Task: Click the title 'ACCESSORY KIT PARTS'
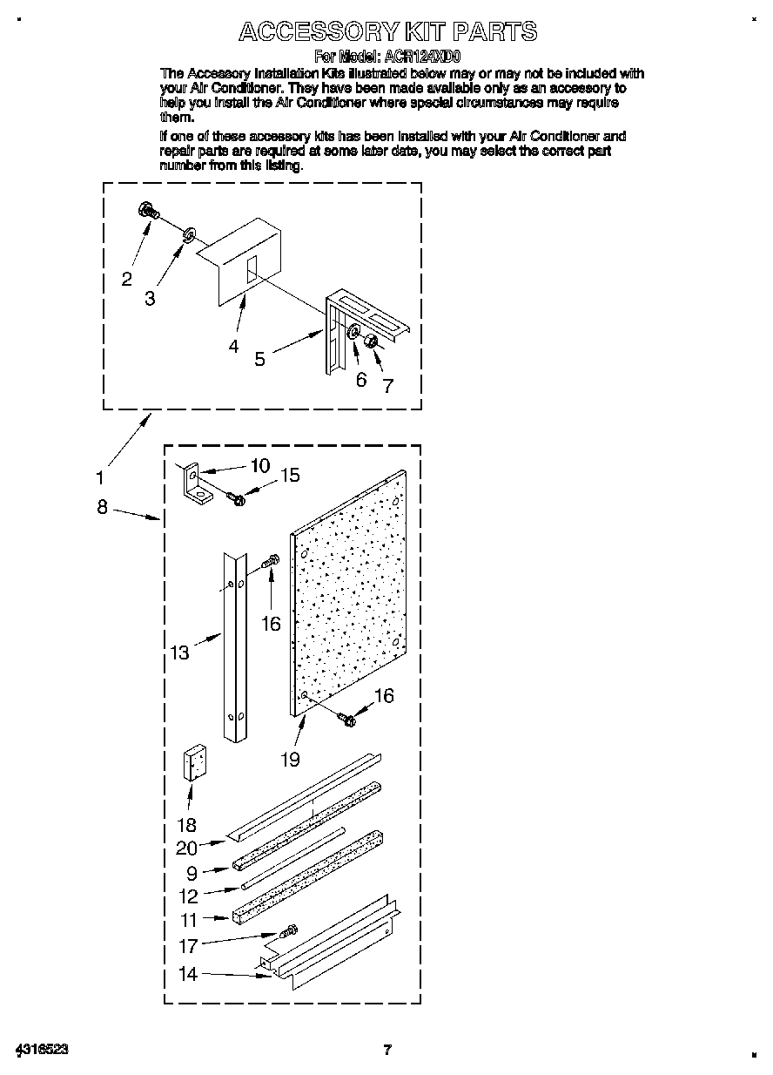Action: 387,32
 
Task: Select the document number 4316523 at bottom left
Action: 41,1049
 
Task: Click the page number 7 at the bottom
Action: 387,1049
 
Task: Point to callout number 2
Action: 127,279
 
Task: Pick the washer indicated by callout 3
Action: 189,233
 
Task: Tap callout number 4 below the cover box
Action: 233,346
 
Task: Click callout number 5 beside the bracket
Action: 259,358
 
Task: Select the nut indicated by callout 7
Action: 369,340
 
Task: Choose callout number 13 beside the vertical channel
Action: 179,652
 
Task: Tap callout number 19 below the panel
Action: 290,759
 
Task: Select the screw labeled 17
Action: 288,933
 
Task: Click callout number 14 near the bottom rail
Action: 188,974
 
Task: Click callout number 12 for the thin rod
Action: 188,896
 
